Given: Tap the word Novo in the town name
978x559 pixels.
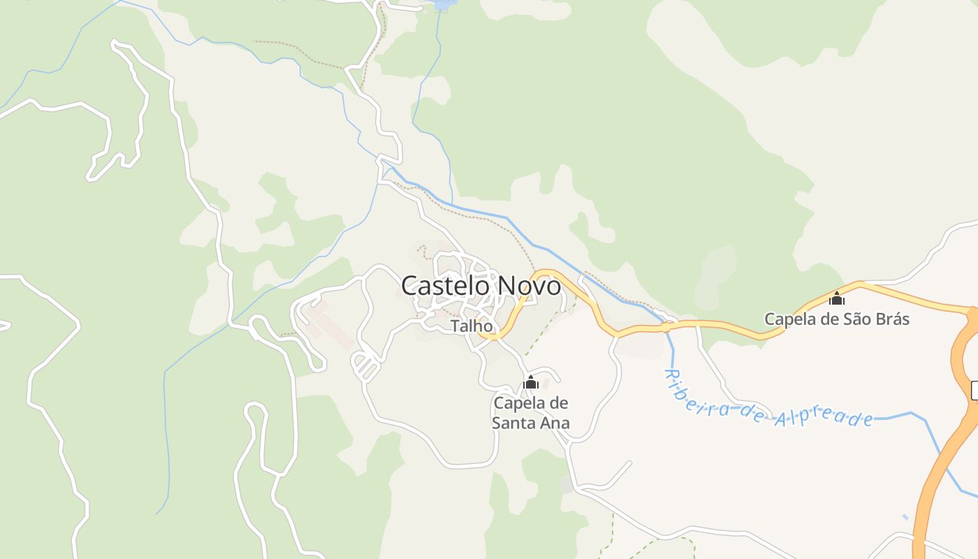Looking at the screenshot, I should tap(529, 285).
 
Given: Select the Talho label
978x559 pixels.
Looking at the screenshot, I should tap(472, 326).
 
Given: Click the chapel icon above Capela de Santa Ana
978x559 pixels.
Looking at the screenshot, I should tap(531, 382).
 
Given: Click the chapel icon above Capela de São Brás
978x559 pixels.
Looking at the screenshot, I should tap(837, 298).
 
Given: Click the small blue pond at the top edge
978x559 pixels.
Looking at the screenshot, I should tap(443, 5).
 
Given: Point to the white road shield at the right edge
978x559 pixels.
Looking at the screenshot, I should tap(974, 391).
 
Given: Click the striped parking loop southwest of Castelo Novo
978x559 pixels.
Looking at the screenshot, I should tap(365, 365).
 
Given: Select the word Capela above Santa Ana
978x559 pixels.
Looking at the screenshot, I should tap(521, 403).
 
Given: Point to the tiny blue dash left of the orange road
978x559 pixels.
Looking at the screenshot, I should tap(906, 517).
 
